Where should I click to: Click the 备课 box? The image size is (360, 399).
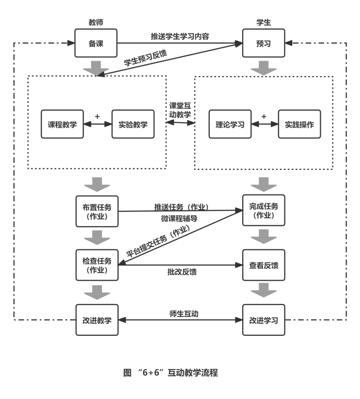coord(96,43)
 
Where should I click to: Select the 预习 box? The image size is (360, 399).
coord(263,43)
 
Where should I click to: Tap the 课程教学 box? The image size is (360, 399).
coord(62,124)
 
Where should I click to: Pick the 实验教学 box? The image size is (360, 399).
coord(133,124)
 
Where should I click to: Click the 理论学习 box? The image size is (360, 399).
coord(230,124)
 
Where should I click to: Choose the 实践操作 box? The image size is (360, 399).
coord(300,124)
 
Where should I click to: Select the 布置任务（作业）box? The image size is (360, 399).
coord(97,211)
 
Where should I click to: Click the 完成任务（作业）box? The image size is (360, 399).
coord(263,210)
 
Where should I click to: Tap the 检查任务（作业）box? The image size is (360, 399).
coord(97,265)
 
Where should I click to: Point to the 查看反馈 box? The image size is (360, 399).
coord(263,265)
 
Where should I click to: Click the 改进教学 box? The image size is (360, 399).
coord(97,320)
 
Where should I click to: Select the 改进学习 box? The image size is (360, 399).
coord(263,320)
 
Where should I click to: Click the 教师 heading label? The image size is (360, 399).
coord(96,22)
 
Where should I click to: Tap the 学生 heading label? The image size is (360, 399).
coord(263,22)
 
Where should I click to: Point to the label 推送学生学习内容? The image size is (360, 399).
coord(180,36)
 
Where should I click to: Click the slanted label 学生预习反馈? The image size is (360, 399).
coord(145,58)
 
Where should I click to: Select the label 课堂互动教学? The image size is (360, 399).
coord(180,110)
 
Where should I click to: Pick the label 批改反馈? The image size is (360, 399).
coord(182,272)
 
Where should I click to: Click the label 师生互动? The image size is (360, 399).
coord(184,314)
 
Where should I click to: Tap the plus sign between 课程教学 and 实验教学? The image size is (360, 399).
coord(98,117)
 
